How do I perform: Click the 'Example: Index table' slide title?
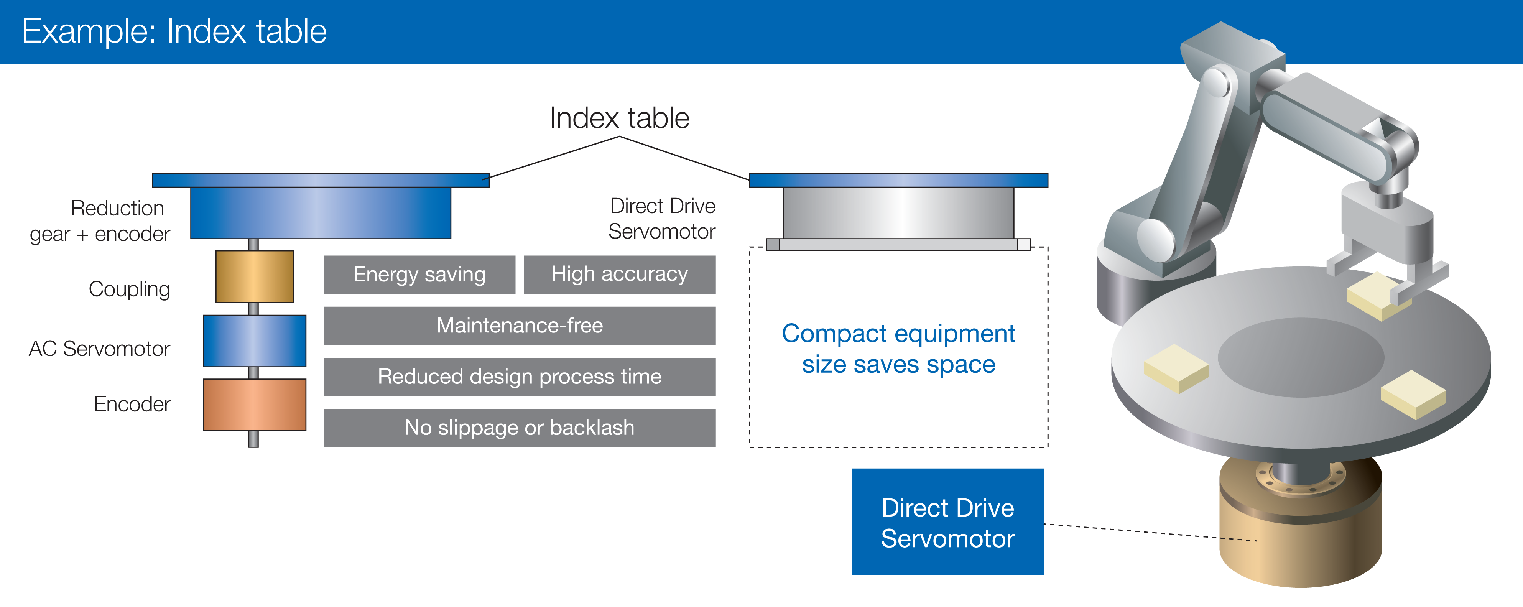pos(174,31)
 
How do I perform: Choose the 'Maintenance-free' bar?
pos(519,326)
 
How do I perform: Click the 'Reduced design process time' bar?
pos(519,377)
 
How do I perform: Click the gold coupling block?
pos(254,276)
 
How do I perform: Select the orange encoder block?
pos(254,405)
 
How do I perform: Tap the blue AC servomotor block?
pos(254,341)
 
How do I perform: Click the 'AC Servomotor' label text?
pos(99,349)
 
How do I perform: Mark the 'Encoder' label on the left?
pos(132,404)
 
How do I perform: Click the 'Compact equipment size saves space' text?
pos(898,349)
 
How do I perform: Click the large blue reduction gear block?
pos(321,213)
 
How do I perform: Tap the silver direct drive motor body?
pos(898,213)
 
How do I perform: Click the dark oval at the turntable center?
pos(1301,358)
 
